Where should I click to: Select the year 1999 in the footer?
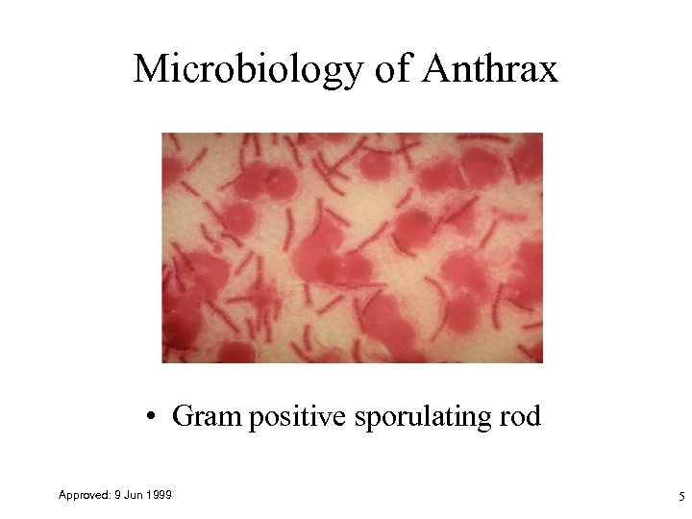159,494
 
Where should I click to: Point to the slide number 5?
680,497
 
